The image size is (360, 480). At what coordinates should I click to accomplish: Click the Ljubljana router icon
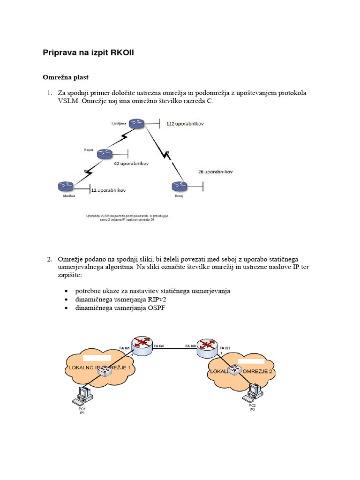pos(137,123)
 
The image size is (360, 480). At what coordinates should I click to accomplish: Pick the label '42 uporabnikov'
pos(131,164)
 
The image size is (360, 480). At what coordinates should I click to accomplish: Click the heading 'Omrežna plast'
pos(66,76)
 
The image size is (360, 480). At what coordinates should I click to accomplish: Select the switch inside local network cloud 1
pos(105,371)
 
